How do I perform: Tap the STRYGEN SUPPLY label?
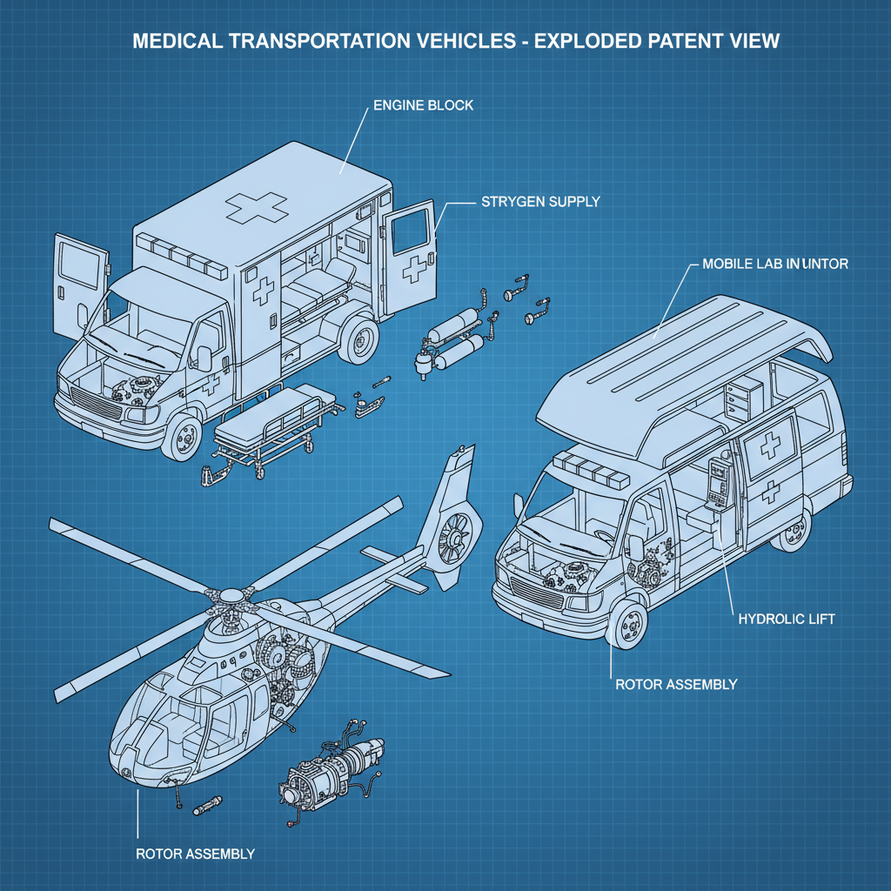click(x=539, y=202)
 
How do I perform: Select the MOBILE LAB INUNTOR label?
click(x=774, y=263)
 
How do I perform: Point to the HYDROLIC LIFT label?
click(x=786, y=619)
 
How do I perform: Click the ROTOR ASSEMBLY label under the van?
click(x=675, y=684)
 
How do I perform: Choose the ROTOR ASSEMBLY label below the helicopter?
click(x=195, y=853)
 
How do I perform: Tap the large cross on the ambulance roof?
click(x=256, y=207)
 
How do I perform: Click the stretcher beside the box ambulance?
click(x=265, y=426)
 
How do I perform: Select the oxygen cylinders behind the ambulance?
click(x=452, y=339)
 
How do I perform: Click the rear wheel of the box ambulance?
click(x=358, y=340)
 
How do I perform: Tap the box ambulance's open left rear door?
click(x=80, y=287)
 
